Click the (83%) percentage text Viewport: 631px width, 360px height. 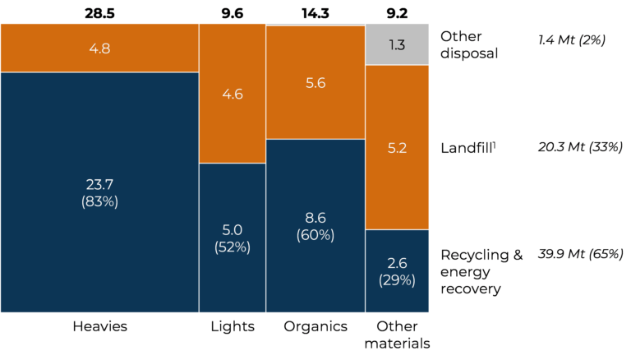pos(99,201)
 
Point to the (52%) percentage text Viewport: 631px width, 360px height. pos(233,247)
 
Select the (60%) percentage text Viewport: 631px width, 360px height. pos(315,235)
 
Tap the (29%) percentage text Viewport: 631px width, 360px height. pos(397,280)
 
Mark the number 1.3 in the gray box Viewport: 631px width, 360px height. pos(397,45)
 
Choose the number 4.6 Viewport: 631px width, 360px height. pos(233,94)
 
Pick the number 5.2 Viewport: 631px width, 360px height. pos(397,148)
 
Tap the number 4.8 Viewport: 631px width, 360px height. pos(99,48)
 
